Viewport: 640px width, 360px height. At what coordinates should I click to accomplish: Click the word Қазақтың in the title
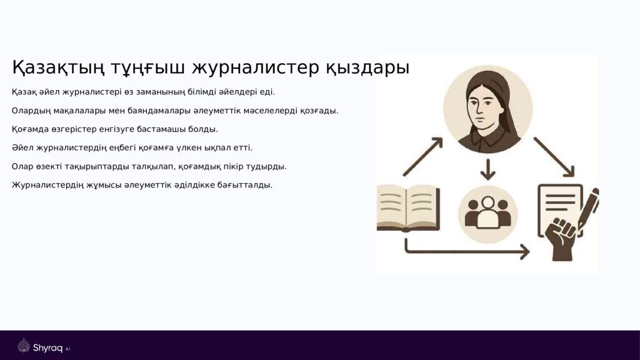[58, 67]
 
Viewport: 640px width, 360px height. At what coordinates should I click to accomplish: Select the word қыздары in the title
[367, 67]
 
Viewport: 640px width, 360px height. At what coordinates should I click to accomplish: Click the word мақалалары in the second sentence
[85, 111]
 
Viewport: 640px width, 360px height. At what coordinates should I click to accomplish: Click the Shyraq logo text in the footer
[47, 347]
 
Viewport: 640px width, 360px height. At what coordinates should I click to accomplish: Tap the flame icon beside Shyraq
[24, 346]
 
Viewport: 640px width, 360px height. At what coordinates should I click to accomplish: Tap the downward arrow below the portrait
[487, 169]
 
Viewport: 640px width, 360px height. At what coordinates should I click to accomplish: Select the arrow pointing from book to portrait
[423, 156]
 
